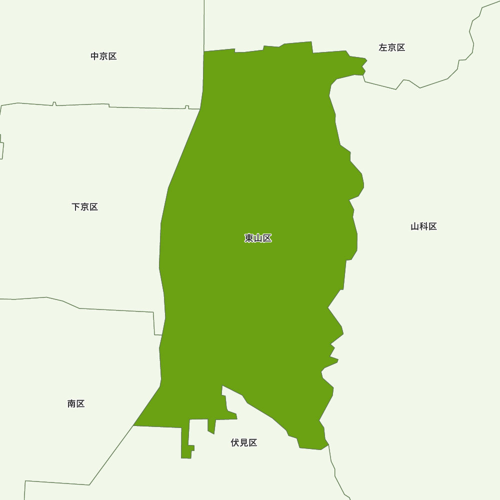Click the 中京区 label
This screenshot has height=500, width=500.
click(x=103, y=56)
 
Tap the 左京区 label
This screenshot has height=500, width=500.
click(x=391, y=47)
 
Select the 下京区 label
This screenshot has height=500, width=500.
click(x=84, y=207)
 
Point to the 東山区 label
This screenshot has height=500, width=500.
click(x=258, y=238)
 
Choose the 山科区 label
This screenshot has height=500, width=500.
click(x=423, y=226)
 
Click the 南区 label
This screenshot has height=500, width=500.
click(x=76, y=404)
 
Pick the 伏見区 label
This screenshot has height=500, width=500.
click(x=244, y=443)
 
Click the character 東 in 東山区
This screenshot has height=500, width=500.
click(x=249, y=238)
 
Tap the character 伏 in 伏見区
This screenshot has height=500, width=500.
click(x=235, y=443)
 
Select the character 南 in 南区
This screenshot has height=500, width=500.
click(x=71, y=404)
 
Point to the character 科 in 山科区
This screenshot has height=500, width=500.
click(x=423, y=226)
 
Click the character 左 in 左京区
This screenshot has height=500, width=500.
click(x=383, y=47)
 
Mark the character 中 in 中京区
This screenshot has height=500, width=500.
click(x=95, y=56)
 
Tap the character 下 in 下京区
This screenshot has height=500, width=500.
click(x=76, y=207)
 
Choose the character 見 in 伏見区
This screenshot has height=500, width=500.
click(x=244, y=443)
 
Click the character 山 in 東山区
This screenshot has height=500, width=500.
click(x=258, y=238)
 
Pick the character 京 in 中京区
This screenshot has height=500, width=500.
click(x=103, y=56)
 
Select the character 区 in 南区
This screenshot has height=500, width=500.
click(x=80, y=404)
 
